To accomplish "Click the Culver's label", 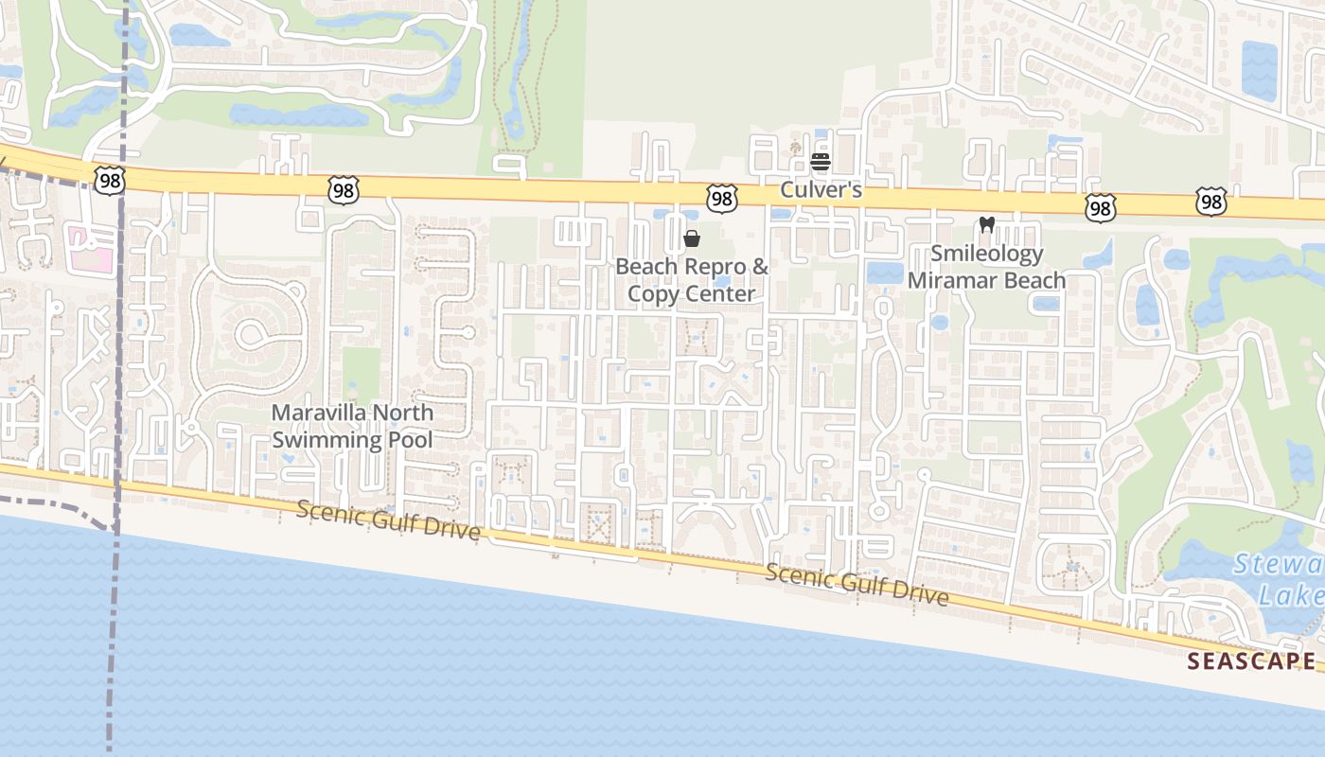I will point(821,190).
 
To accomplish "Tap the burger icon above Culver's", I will point(821,162).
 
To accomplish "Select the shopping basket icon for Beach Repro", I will point(692,238).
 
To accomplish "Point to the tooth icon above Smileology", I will point(986,225).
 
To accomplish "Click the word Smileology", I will point(986,254).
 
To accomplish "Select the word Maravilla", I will point(318,413).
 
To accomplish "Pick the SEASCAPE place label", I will point(1251,660).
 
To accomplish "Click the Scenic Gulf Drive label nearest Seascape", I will point(857,584).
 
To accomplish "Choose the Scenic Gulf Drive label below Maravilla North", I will point(388,519).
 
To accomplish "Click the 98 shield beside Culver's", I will point(722,199).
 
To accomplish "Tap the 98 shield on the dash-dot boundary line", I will point(110,181).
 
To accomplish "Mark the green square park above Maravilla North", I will point(361,372).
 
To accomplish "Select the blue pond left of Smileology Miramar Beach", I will point(884,273).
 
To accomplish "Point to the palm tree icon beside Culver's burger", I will point(795,149).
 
